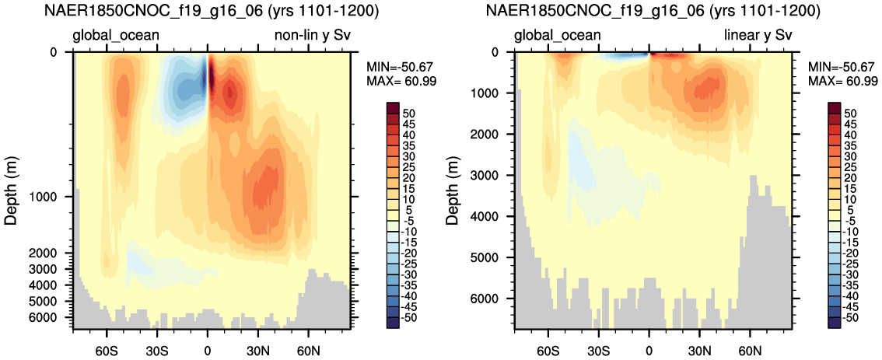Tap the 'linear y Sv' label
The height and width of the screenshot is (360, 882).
click(757, 37)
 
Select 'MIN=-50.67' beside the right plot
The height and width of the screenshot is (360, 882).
click(842, 66)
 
